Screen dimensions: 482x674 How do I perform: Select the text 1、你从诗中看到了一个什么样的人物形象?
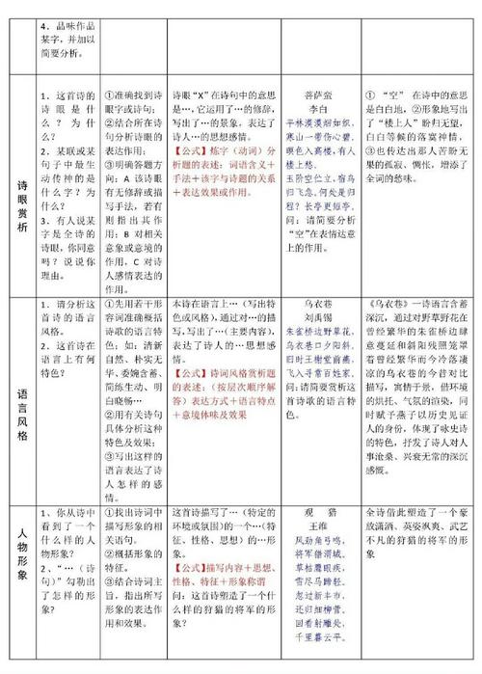[67, 526]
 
